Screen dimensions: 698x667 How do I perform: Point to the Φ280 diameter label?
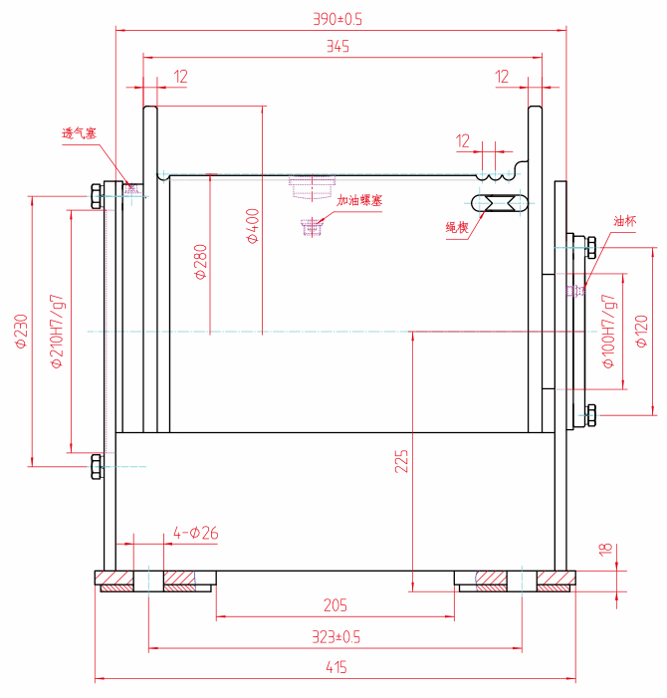(201, 262)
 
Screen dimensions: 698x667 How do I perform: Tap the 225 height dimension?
(401, 460)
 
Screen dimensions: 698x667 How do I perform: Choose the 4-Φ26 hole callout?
(196, 533)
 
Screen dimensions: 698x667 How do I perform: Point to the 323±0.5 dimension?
(335, 636)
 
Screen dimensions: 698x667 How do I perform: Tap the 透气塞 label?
(79, 132)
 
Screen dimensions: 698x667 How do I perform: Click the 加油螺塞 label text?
(359, 201)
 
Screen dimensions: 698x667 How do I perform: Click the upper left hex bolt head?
(97, 195)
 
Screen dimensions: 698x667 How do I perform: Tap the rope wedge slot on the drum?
(503, 203)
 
